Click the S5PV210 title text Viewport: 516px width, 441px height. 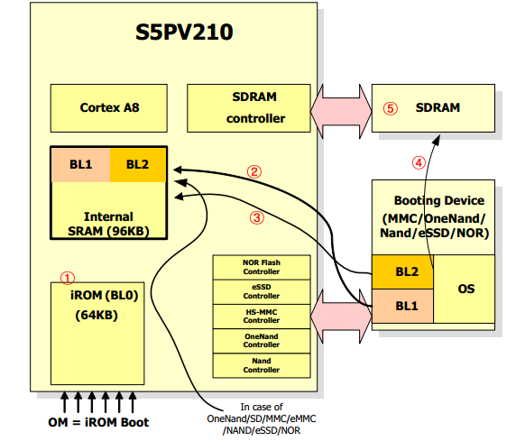pos(184,32)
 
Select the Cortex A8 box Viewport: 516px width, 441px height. pos(109,107)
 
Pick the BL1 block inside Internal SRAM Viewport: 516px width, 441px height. pos(80,164)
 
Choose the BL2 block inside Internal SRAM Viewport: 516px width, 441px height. pos(137,164)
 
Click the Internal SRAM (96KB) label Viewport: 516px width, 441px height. pos(108,224)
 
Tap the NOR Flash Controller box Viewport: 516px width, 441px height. pos(261,267)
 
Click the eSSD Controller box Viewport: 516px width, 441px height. pos(261,291)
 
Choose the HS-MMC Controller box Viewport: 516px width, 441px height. pos(261,316)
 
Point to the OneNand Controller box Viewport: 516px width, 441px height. pos(261,340)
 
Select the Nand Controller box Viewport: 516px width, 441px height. pos(261,365)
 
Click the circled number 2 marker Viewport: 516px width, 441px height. pos(255,170)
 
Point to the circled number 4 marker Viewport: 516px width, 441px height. pos(418,163)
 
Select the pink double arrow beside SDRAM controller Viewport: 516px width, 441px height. pos(341,107)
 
